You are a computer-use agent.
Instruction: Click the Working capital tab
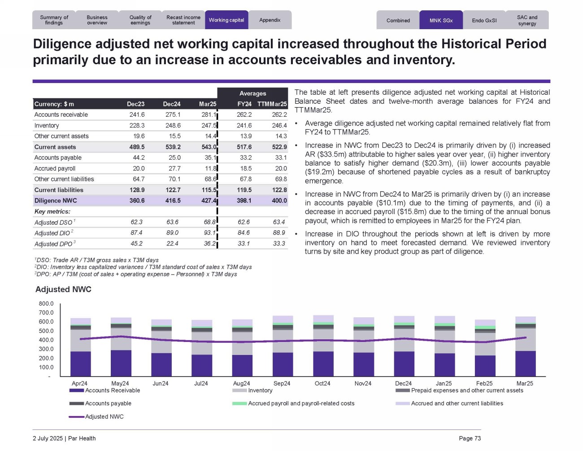(226, 20)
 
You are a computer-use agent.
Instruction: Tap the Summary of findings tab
(54, 20)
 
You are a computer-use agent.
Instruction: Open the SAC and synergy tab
(527, 20)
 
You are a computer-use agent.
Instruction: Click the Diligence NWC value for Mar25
(209, 201)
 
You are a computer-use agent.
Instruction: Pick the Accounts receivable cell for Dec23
(137, 115)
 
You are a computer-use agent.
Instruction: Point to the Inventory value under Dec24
(173, 126)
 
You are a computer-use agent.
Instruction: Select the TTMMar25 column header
(272, 104)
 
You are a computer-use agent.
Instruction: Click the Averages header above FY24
(252, 93)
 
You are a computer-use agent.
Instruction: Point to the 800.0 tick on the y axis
(46, 304)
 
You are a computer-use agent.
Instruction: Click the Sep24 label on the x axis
(282, 383)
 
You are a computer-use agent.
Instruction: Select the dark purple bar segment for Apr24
(81, 363)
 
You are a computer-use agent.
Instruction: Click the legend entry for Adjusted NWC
(104, 416)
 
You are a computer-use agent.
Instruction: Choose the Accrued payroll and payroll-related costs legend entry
(301, 403)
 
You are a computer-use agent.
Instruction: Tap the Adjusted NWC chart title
(63, 289)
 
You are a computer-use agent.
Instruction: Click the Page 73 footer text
(470, 438)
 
